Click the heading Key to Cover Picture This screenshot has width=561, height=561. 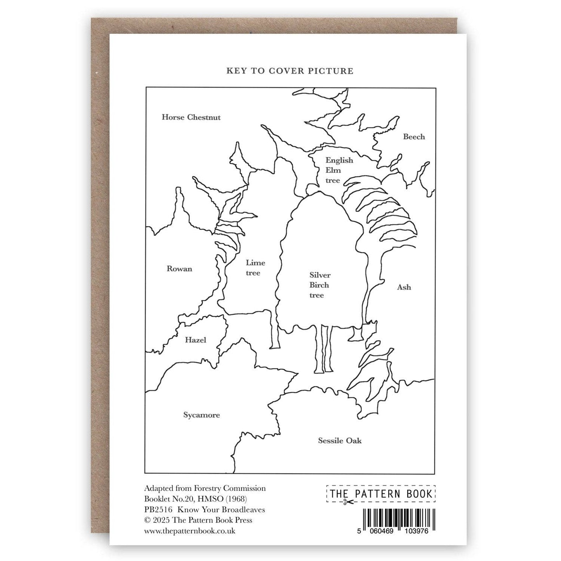(x=290, y=71)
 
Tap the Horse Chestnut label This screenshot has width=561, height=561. (x=191, y=117)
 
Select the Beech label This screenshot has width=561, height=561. (x=414, y=137)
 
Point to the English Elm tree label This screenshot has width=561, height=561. (x=339, y=170)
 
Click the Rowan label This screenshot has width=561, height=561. (x=179, y=269)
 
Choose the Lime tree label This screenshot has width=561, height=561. (x=255, y=268)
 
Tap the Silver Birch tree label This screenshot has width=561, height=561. (x=320, y=285)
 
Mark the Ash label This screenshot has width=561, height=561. (x=404, y=287)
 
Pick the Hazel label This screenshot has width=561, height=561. (x=195, y=340)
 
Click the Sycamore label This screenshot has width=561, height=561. (x=201, y=415)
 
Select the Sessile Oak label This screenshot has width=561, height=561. (x=340, y=441)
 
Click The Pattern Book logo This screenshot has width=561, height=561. (x=381, y=494)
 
